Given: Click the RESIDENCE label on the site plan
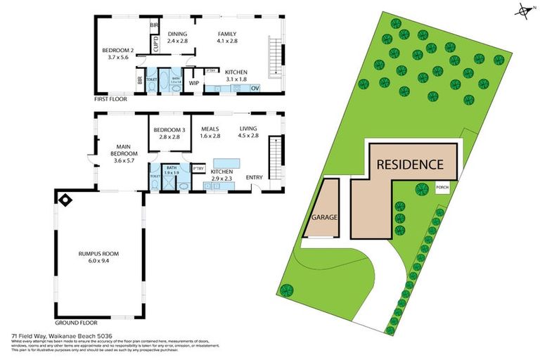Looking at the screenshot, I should coord(410,165).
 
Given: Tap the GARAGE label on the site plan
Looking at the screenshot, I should coord(321,217).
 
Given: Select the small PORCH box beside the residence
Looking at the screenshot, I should coord(442,187).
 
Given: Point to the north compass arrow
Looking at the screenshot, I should coord(524,10).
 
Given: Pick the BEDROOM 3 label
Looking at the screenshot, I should coord(169,133).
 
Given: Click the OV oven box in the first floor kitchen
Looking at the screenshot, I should coord(255,88).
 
